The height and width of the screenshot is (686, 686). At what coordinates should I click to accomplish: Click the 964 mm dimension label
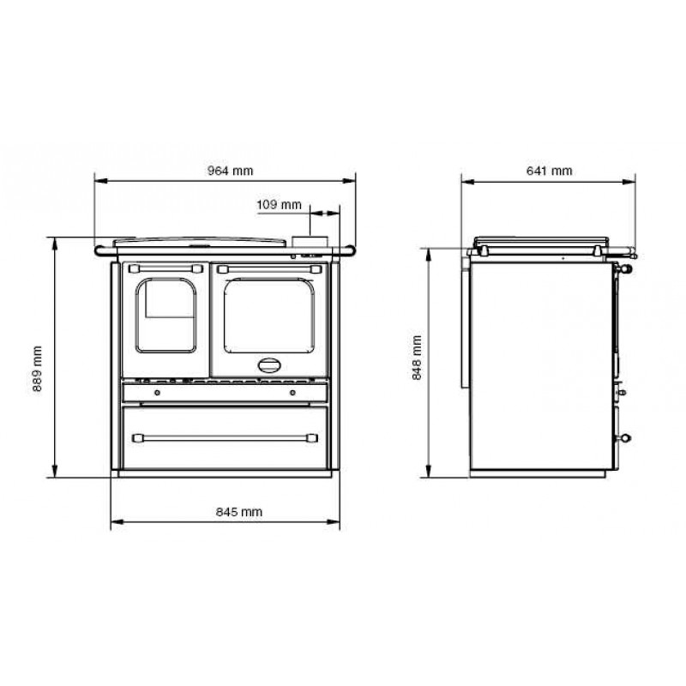230,171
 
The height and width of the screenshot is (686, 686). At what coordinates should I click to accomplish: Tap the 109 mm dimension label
280,205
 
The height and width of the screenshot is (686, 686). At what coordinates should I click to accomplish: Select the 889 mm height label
37,369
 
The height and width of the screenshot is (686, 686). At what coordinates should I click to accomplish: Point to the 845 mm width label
239,512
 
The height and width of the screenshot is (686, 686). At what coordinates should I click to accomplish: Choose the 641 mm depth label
549,171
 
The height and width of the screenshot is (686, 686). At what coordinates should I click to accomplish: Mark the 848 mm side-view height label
417,358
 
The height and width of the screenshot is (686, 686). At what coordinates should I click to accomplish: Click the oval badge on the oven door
269,365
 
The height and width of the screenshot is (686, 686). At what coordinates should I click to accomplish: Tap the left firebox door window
165,315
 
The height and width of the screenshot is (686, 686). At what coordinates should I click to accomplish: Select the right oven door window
269,316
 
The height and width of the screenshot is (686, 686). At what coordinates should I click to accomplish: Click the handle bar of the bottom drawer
225,438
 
